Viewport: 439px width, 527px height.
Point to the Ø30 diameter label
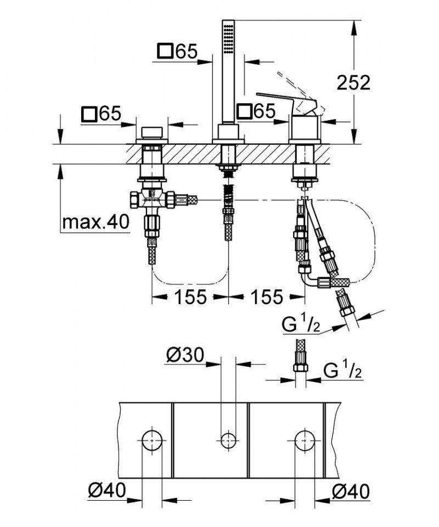185,356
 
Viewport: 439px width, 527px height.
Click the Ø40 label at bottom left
106,488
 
